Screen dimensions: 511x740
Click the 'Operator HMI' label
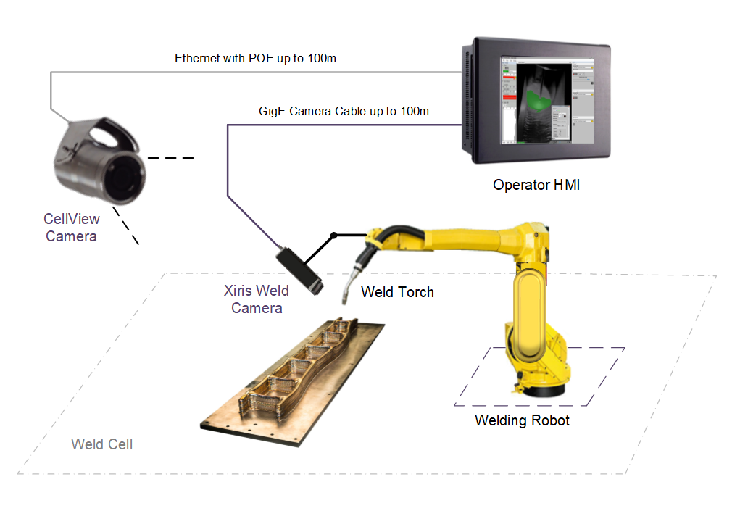536,185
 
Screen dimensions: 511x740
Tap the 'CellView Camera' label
71,227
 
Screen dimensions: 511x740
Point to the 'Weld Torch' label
397,292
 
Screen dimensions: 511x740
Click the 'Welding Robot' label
522,420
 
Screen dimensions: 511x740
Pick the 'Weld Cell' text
101,444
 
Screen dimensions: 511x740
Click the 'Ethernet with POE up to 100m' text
255,58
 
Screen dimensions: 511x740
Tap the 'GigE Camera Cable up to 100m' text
344,112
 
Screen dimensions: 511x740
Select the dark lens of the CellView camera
125,175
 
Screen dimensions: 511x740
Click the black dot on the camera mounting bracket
333,235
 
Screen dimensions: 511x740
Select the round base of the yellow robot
540,388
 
